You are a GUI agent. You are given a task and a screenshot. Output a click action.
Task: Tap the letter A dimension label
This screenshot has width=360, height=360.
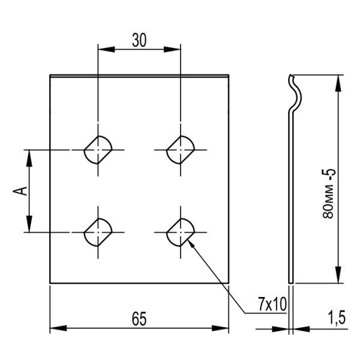coord(20,191)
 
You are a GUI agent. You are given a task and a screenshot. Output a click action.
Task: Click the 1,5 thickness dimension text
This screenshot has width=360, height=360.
coord(337,317)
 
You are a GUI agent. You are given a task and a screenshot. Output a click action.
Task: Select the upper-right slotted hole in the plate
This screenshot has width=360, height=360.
coord(180,149)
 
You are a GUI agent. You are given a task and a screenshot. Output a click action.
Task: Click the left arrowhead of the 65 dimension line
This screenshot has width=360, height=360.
coord(54,328)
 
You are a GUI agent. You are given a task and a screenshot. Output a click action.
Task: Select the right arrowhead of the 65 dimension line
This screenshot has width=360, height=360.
coord(224,328)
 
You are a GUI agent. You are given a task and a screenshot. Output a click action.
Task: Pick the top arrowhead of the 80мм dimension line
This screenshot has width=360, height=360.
coord(340,80)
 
